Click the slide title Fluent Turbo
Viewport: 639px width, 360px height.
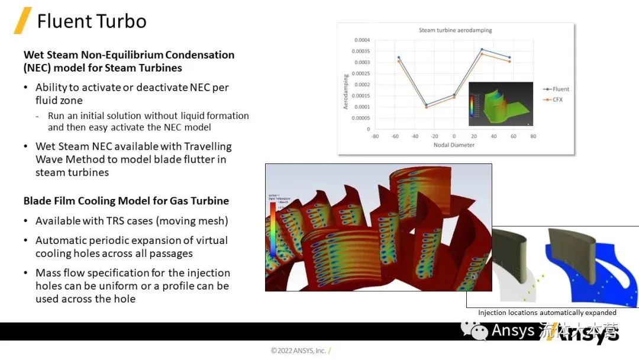pos(91,21)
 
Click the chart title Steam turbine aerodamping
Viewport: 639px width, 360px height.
pos(455,30)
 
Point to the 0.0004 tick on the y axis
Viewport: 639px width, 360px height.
pos(362,40)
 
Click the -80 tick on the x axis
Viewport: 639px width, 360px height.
pos(375,136)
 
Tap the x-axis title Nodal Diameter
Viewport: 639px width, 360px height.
pos(454,145)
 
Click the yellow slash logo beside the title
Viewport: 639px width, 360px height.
pos(22,21)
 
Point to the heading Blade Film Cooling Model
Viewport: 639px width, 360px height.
pos(126,201)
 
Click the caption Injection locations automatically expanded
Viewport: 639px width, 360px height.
pos(547,313)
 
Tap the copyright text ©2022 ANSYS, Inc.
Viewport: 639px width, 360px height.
pos(298,351)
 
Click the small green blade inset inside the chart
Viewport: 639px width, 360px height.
pos(501,104)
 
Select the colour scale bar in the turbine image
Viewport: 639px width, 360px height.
pos(273,231)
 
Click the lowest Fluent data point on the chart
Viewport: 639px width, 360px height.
pos(426,105)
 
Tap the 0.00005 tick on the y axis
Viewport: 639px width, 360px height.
pos(360,118)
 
